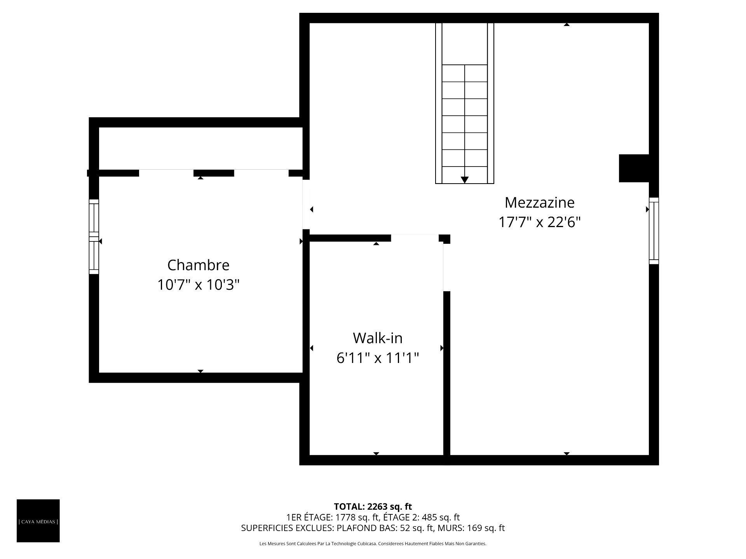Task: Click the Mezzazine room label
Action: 539,202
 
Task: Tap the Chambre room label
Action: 198,265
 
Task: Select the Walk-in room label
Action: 378,338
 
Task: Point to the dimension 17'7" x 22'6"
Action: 539,222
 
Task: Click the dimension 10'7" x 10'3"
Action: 198,285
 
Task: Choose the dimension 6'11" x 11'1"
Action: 378,358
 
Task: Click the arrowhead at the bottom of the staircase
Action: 464,180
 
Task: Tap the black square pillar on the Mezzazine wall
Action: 634,168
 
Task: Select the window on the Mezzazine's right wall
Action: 654,231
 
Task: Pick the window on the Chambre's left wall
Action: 94,237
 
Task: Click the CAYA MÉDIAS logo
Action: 38,521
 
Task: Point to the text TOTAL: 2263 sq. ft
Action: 373,507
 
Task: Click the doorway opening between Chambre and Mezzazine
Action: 306,204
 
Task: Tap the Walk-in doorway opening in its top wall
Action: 415,238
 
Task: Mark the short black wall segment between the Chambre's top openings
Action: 214,173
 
